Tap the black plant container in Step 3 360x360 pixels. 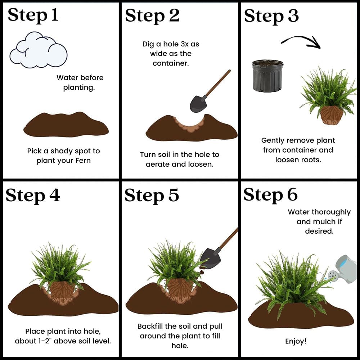point(268,76)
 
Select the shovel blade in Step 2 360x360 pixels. point(198,104)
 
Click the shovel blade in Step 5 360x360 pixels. point(211,258)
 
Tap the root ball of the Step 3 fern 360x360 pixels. point(332,115)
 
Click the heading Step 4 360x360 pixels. point(33,196)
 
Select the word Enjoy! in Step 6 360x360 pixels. point(296,341)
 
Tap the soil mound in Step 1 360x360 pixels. point(66,125)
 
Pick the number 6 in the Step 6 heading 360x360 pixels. point(292,195)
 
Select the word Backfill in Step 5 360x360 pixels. point(150,326)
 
